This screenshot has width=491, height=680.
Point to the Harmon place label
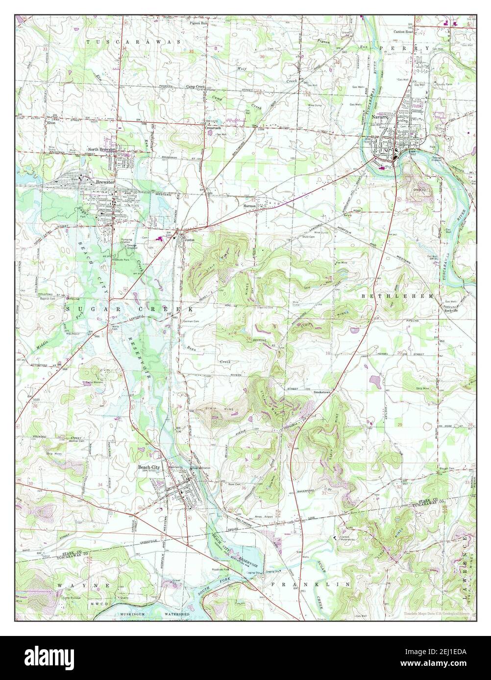(x=250, y=206)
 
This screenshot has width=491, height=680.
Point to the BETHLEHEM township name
(x=397, y=296)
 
